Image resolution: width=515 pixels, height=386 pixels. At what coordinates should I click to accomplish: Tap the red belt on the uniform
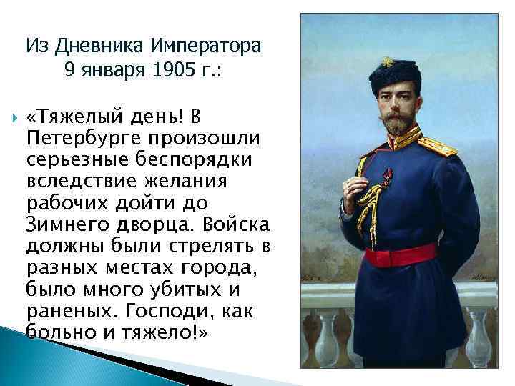click(401, 254)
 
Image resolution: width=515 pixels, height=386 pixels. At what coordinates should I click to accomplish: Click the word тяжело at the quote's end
click(165, 333)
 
